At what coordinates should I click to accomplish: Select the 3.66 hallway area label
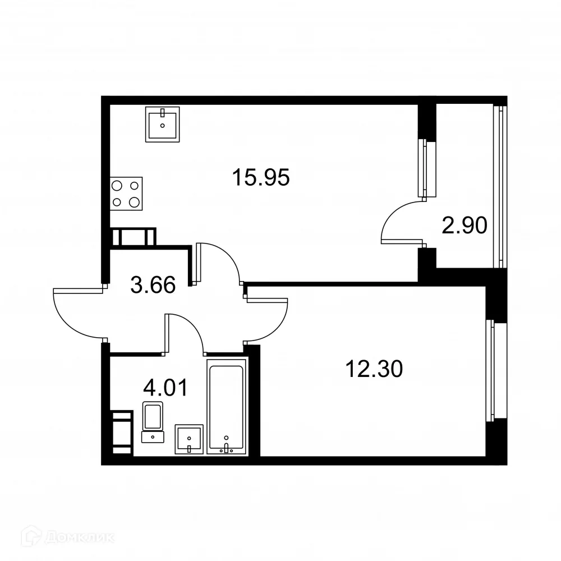pyautogui.click(x=153, y=286)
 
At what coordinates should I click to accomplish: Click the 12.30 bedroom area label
pyautogui.click(x=375, y=369)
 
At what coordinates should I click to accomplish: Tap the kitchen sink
pyautogui.click(x=162, y=124)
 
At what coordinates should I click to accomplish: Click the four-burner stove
pyautogui.click(x=126, y=194)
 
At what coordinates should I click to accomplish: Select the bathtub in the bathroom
pyautogui.click(x=226, y=406)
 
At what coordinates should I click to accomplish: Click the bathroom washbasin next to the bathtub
pyautogui.click(x=190, y=438)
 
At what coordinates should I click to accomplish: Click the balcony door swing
pyautogui.click(x=399, y=224)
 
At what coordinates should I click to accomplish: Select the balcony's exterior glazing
pyautogui.click(x=498, y=185)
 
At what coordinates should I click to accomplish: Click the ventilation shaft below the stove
pyautogui.click(x=133, y=237)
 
